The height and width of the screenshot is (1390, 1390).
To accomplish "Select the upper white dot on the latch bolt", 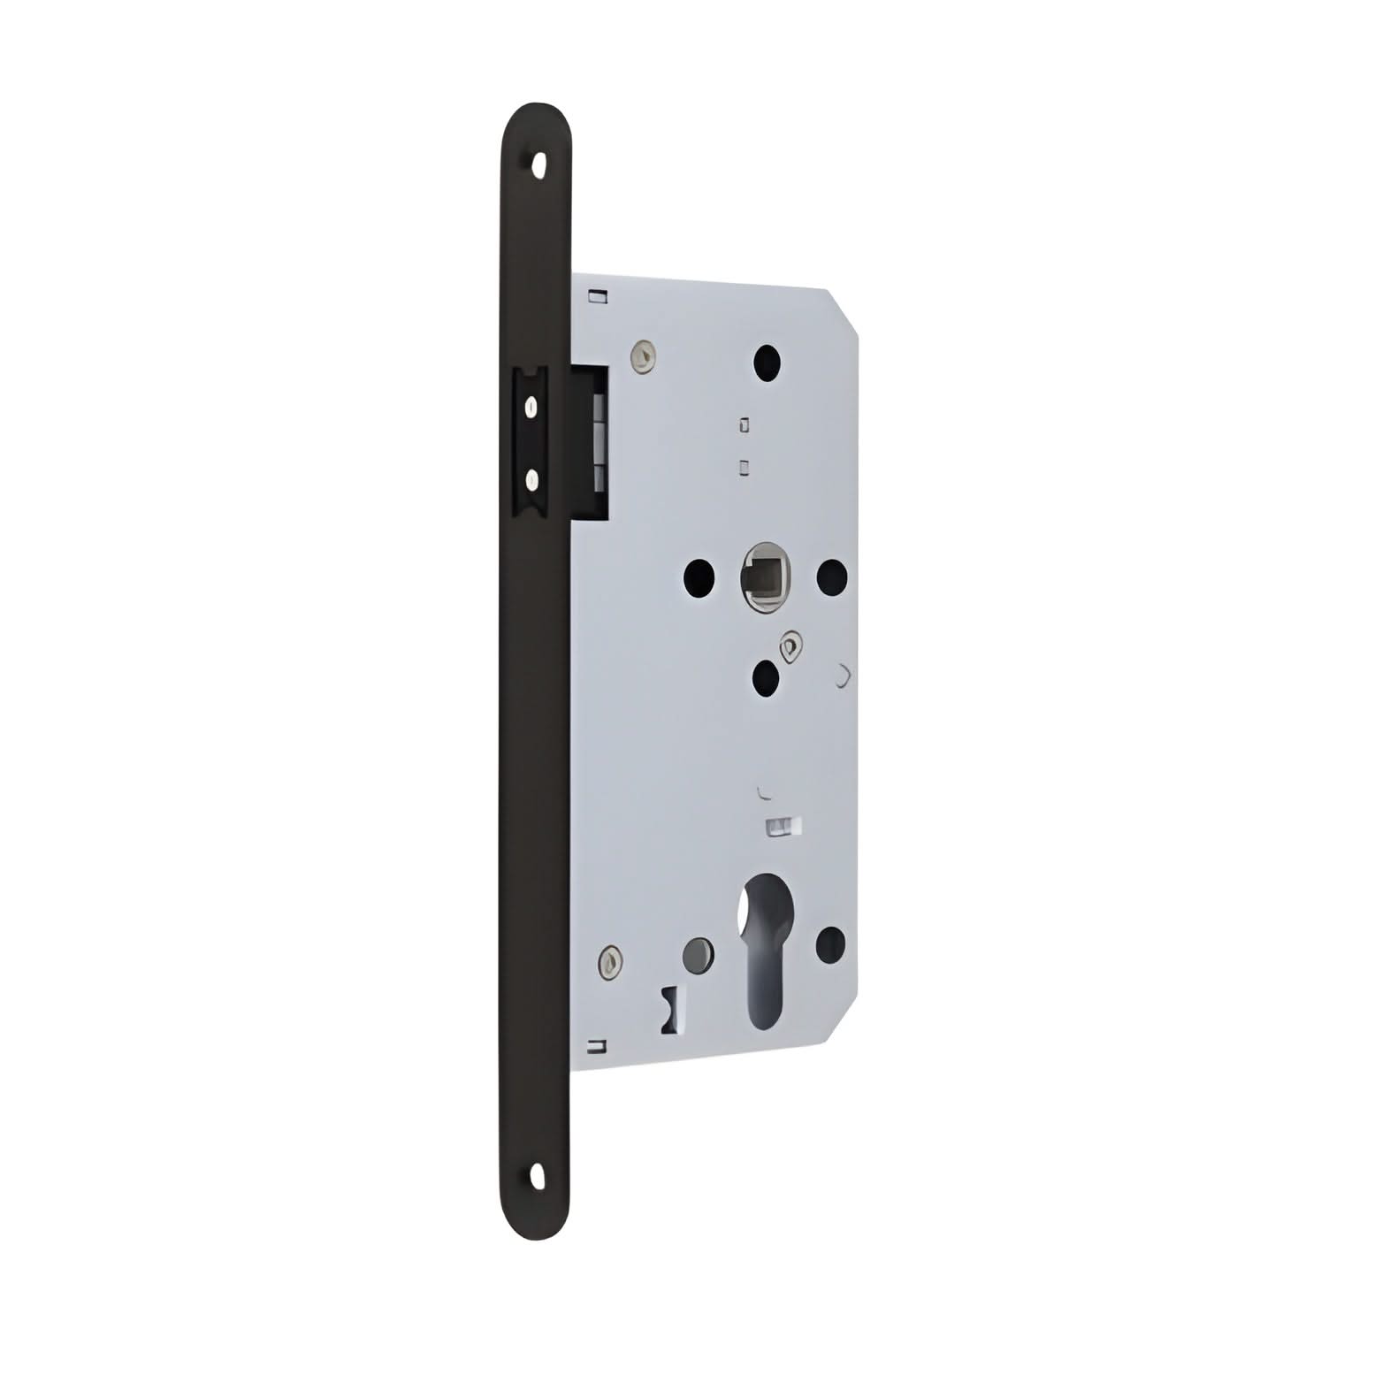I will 531,407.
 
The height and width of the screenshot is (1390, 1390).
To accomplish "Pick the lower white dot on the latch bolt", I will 531,480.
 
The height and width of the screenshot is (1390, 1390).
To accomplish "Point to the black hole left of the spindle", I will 699,577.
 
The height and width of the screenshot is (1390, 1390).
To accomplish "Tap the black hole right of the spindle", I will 831,577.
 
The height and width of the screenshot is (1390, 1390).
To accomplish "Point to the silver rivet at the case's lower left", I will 610,958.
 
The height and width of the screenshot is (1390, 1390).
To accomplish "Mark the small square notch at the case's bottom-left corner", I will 599,1047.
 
